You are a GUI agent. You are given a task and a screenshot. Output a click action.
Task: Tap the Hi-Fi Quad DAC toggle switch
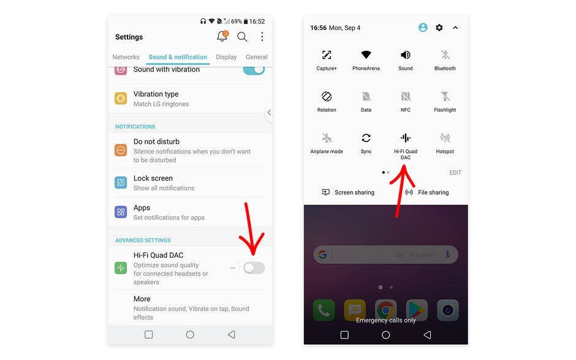254,268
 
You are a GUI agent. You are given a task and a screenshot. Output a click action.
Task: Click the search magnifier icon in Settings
242,37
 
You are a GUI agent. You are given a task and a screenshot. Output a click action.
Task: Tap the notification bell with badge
222,37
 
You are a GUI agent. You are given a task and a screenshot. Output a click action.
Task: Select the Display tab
226,57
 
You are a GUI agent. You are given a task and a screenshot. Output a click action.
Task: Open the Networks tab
126,57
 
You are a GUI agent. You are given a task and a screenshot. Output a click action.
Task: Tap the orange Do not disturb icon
121,150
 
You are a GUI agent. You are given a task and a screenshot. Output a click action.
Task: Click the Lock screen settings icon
121,182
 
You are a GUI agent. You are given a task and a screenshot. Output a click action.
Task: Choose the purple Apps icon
121,212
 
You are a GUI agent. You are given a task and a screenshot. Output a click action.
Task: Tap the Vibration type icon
121,98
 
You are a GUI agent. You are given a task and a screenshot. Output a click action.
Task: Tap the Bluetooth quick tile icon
445,55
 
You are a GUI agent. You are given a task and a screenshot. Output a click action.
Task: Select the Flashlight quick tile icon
445,97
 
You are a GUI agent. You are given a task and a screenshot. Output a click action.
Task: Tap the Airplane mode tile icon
327,138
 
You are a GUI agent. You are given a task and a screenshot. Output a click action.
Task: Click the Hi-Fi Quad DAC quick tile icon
405,138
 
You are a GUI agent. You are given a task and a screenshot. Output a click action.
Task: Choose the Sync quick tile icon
366,138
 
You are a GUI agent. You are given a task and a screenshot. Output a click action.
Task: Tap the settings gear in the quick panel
439,28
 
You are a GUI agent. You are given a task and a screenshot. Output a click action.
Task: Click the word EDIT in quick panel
455,173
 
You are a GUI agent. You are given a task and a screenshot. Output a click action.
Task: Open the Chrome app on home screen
385,310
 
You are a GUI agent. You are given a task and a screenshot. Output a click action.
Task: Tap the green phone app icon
324,310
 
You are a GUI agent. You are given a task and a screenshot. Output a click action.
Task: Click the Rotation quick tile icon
327,97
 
